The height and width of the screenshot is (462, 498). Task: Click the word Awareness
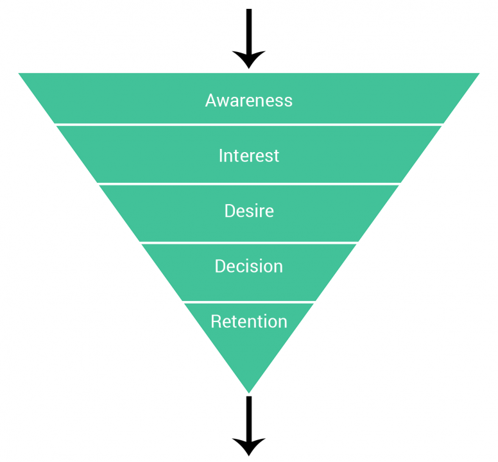(249, 101)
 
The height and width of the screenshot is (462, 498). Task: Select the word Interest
(249, 156)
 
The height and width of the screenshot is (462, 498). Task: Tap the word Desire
(249, 211)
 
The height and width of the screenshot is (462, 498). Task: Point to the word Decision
(249, 266)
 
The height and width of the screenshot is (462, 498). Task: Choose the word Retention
(249, 321)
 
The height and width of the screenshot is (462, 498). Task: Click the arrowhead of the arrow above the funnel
(249, 59)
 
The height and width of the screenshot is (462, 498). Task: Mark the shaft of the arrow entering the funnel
(249, 29)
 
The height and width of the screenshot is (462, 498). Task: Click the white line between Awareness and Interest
(249, 124)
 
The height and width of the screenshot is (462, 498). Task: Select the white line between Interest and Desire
(249, 184)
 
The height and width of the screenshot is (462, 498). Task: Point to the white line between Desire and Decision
(249, 243)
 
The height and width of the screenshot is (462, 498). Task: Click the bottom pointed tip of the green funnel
(249, 389)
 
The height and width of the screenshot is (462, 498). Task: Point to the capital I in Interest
(221, 156)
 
